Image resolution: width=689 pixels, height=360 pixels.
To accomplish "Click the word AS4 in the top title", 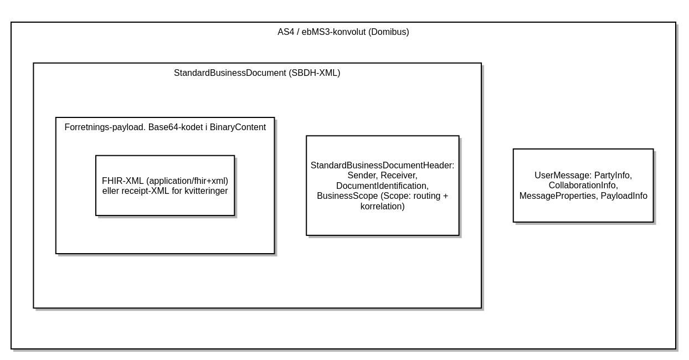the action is coord(286,32).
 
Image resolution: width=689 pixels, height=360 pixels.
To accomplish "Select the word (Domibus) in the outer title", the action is coord(389,32).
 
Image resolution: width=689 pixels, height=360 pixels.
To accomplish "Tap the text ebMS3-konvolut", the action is coord(334,32).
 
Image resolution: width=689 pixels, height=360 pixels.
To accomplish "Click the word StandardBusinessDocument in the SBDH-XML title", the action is coord(230,73).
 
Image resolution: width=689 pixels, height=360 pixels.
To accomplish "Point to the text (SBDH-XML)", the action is coord(315,73).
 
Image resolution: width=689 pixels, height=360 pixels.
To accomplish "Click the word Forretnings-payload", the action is coord(105,127).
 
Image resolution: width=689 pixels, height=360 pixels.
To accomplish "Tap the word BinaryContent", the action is coord(238,127).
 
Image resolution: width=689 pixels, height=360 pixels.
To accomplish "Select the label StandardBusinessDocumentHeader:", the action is coord(382,166).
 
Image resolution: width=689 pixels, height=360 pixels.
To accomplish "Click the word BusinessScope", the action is coord(347,196).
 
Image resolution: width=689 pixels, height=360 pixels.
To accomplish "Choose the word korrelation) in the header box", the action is coord(382,207).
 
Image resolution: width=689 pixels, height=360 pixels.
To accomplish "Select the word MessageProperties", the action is coord(559,196).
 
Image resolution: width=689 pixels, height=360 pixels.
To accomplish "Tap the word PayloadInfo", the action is coord(624,196).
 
